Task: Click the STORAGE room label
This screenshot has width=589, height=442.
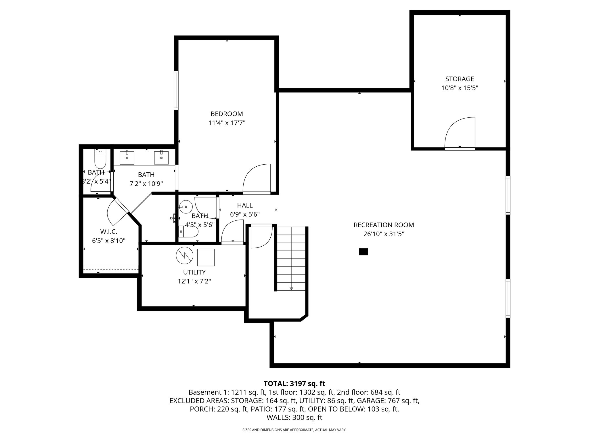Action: tap(460, 79)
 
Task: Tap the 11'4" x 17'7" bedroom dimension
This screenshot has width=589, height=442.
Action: tap(227, 123)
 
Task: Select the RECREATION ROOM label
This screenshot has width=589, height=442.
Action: tap(384, 225)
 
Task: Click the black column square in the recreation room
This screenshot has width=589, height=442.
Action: tap(364, 252)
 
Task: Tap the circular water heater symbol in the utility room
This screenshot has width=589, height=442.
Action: tap(184, 255)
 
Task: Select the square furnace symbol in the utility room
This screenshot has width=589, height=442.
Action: tap(206, 257)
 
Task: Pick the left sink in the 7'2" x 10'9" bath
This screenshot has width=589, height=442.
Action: tap(127, 158)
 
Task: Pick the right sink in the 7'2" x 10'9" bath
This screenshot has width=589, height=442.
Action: tap(161, 158)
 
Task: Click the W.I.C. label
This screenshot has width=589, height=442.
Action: tap(108, 232)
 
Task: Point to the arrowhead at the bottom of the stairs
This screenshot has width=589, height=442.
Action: tap(291, 288)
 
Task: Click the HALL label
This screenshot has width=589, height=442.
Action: tap(245, 205)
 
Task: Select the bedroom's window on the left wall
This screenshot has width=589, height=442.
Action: tap(176, 90)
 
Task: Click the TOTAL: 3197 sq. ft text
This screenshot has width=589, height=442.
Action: tap(294, 384)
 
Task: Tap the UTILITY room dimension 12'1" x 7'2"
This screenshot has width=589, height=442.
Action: tap(194, 281)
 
